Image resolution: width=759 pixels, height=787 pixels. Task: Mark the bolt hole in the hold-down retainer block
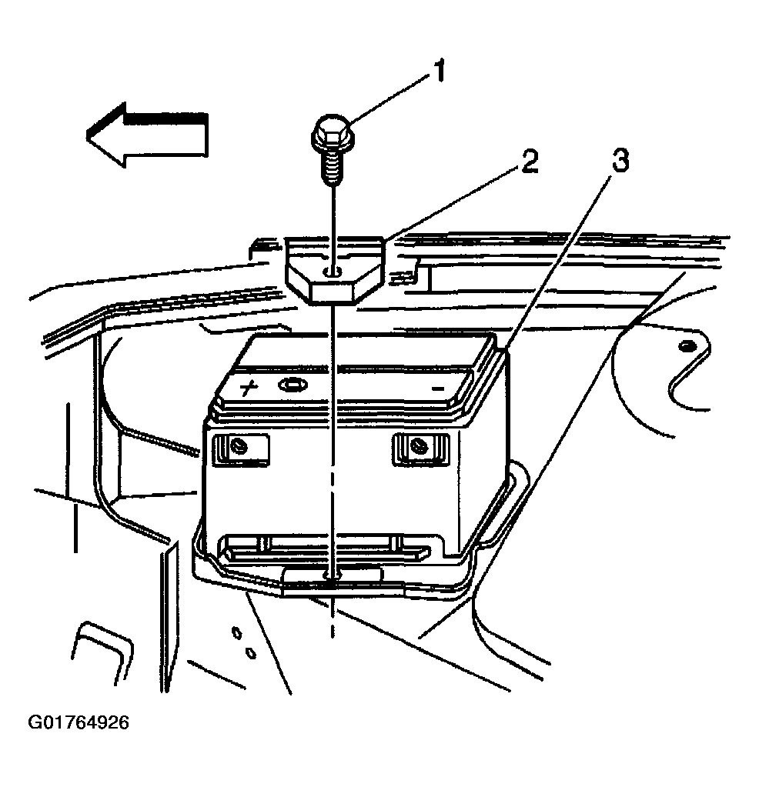click(330, 272)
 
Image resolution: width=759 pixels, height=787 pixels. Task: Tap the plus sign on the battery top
click(249, 387)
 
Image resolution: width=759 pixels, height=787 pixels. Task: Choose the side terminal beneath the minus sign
click(420, 445)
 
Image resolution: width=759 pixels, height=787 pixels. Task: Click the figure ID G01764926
click(79, 723)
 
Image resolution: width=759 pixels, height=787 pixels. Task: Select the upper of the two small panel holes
click(237, 633)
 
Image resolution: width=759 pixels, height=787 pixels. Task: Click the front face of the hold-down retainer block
click(331, 292)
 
